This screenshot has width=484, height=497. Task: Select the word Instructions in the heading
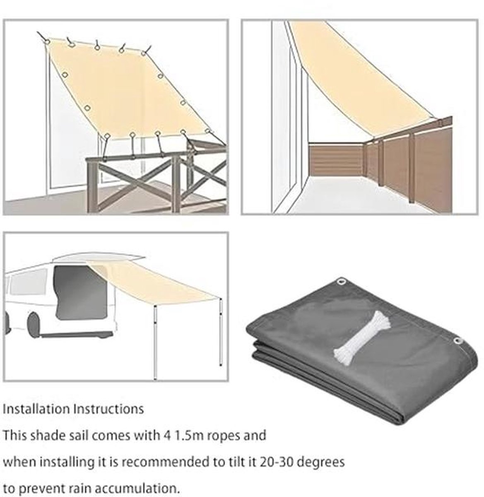[108, 409]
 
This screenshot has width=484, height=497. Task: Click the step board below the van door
[77, 335]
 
